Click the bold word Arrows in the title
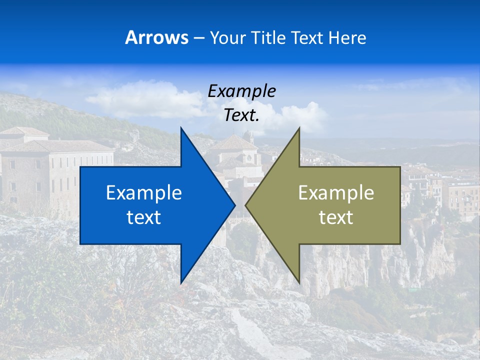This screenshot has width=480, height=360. click(x=156, y=37)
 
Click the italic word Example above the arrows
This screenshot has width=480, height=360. click(x=242, y=91)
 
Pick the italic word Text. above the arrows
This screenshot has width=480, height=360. click(x=242, y=115)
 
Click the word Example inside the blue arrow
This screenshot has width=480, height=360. click(x=144, y=192)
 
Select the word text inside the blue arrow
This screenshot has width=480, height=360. click(x=144, y=217)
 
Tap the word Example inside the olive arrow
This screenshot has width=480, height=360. click(x=336, y=192)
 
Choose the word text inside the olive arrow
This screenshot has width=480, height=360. click(x=336, y=217)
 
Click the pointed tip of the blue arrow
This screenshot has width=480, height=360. click(x=234, y=205)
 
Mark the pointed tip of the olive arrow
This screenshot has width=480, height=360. click(x=246, y=205)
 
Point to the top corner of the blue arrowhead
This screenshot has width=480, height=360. click(x=181, y=128)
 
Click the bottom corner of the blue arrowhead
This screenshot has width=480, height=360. click(x=181, y=282)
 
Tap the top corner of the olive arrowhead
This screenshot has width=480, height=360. click(x=299, y=128)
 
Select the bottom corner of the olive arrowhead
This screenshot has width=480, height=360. click(x=299, y=282)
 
